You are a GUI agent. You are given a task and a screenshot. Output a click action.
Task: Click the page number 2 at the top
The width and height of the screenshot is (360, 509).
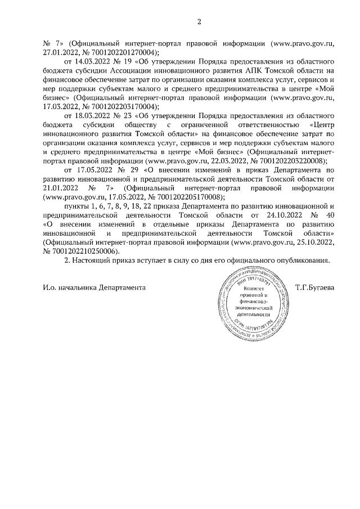(x=198, y=22)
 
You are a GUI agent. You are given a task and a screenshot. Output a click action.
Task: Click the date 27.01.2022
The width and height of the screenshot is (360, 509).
(x=64, y=50)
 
